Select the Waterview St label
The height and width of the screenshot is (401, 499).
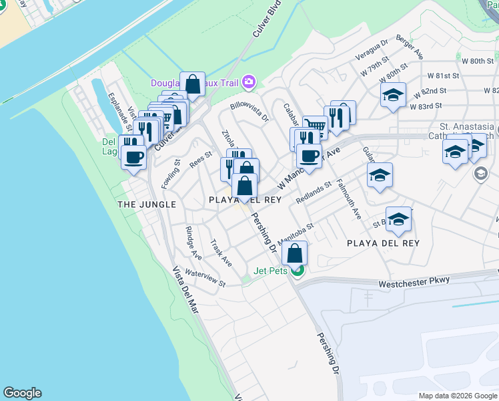tap(205, 279)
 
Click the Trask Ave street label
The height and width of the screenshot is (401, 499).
tap(221, 253)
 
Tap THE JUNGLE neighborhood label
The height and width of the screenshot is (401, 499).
tap(146, 204)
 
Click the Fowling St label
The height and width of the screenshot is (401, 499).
tap(167, 172)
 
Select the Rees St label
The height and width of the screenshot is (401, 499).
tap(200, 159)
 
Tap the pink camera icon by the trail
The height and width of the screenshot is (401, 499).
tap(249, 82)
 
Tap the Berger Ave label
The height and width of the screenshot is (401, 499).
tap(410, 47)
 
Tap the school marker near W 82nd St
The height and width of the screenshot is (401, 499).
tap(393, 95)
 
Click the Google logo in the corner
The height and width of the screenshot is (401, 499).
tap(22, 393)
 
